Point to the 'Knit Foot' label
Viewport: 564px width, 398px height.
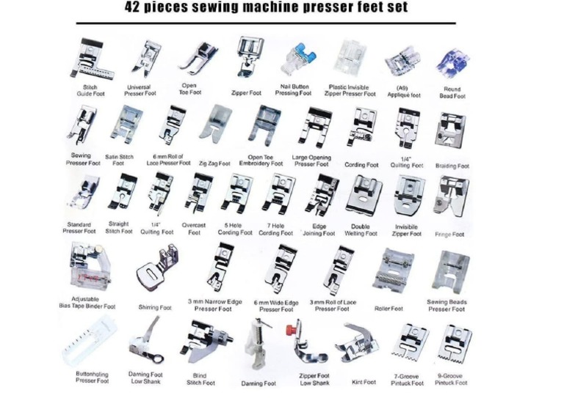364,382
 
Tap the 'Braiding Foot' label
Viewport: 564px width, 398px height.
452,166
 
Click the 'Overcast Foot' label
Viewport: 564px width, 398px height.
194,229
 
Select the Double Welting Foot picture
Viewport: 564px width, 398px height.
362,194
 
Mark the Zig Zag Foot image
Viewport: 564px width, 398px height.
214,123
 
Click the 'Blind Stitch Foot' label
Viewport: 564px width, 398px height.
200,379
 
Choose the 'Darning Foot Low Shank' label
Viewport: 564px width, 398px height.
145,378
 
